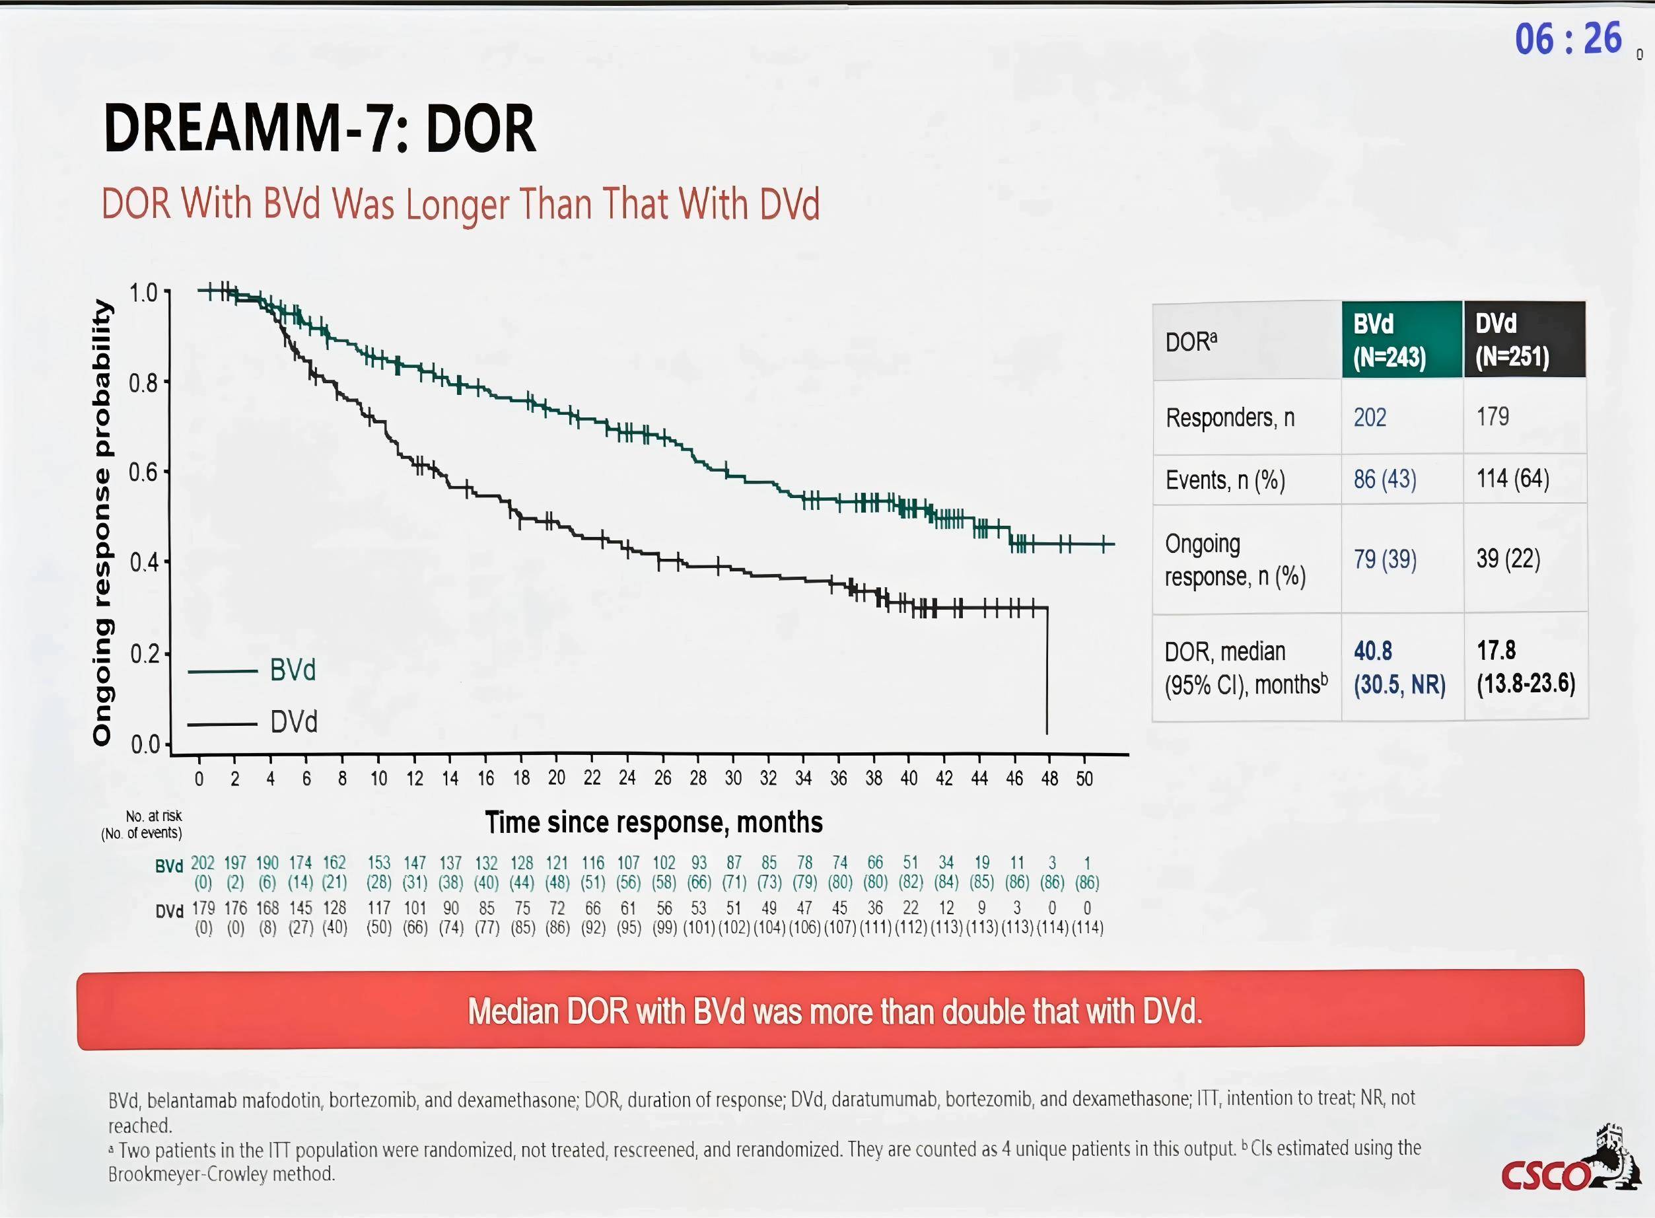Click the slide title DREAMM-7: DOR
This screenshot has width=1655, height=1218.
(319, 129)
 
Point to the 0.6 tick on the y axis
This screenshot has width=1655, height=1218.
(143, 472)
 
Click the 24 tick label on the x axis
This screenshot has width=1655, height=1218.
(627, 779)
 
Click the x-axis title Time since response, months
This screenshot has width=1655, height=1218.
(653, 822)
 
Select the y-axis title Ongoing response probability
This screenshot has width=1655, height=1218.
(102, 522)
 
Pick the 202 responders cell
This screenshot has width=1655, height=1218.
(1370, 417)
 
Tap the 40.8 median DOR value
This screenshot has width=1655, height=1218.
(1372, 651)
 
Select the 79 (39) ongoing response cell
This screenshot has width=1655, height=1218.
(1384, 559)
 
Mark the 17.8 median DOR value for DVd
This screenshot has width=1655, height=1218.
(1496, 651)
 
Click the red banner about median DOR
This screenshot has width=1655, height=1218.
(830, 1010)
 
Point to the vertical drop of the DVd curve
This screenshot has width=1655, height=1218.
(1047, 671)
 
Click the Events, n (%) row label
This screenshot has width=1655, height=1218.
(1224, 481)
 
